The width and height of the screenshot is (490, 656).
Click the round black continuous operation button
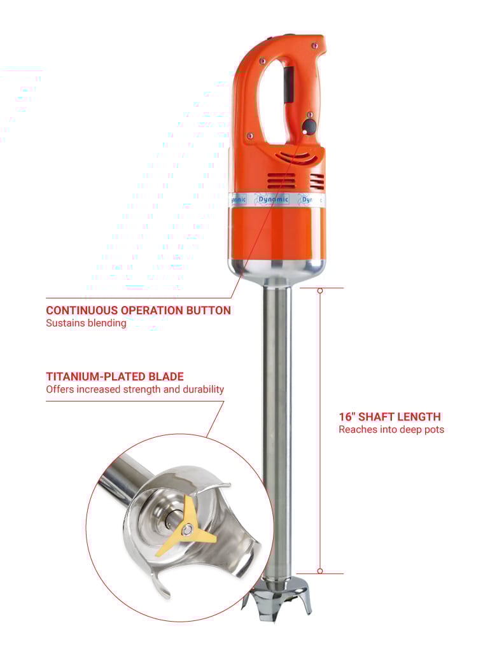310,127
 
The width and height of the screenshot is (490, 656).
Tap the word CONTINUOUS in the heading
82,311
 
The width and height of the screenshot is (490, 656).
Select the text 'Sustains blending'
86,323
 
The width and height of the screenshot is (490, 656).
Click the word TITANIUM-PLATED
93,377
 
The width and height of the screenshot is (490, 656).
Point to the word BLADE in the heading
163,377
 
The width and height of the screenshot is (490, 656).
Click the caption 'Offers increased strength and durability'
135,389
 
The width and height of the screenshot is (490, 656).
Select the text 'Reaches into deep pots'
391,429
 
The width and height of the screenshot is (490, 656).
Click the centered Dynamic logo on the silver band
273,200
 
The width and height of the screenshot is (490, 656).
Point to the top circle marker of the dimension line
320,290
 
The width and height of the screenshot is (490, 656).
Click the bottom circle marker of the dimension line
320,571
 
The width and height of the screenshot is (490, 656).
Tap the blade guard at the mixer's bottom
277,599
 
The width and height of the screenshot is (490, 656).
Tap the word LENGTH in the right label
419,417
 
